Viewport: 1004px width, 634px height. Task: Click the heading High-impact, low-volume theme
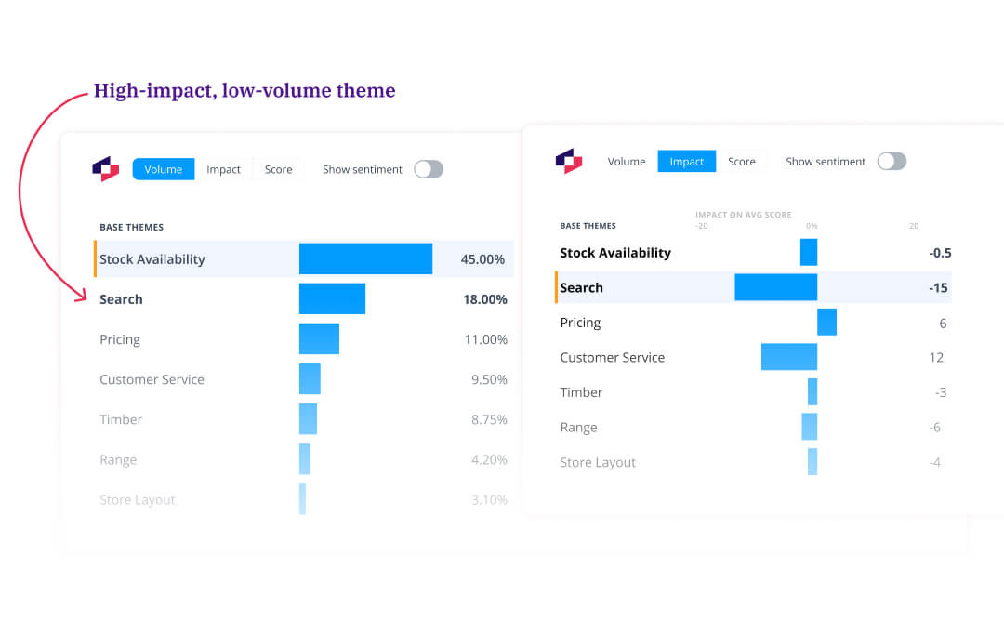[x=244, y=91]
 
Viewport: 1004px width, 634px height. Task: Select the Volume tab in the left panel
[x=164, y=169]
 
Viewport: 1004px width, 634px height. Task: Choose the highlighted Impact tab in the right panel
[x=686, y=161]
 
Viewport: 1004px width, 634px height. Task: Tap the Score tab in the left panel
[x=278, y=169]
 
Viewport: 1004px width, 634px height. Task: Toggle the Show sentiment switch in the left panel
[x=428, y=169]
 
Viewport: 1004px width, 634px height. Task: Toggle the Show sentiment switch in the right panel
[x=891, y=161]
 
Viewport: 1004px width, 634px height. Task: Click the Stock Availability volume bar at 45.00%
[x=365, y=259]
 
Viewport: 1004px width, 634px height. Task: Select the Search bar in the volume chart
[x=332, y=299]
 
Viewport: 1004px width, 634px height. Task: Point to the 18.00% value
[x=483, y=299]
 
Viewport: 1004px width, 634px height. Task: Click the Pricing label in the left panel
[x=120, y=339]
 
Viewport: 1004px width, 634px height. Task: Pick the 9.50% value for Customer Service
[x=489, y=379]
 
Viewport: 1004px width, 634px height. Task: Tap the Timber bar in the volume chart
[x=308, y=419]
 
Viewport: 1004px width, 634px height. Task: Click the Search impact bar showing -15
[x=775, y=287]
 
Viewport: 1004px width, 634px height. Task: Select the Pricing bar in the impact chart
[x=826, y=323]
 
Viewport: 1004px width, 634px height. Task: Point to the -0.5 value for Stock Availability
[x=939, y=253]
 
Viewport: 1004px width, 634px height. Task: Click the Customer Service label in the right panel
[x=612, y=357]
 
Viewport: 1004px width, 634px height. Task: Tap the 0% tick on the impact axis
[x=812, y=226]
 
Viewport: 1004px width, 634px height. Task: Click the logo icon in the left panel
[x=105, y=169]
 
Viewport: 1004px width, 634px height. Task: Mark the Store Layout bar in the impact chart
[x=812, y=462]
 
